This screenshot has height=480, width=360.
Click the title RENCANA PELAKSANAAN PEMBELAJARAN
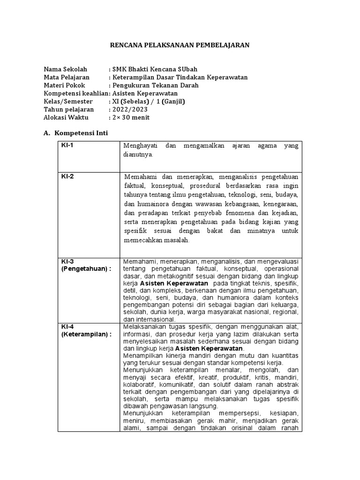180,45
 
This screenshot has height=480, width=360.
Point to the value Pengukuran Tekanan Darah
155,85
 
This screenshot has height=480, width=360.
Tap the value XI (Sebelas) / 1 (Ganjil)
149,101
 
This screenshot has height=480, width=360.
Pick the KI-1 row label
67,145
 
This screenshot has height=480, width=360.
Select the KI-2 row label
67,177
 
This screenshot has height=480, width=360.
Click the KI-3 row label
67,261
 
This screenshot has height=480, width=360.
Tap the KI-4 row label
67,327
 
